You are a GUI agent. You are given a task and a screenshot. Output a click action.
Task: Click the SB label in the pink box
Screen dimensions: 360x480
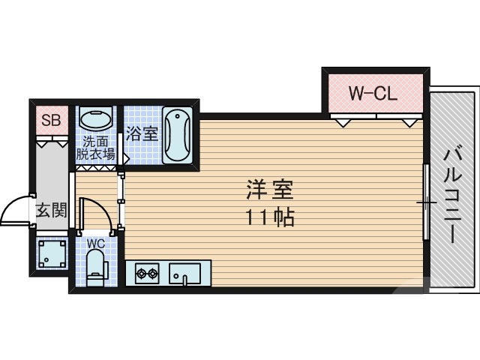click(51, 120)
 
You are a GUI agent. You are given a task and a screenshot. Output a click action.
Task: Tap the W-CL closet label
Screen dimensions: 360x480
click(373, 94)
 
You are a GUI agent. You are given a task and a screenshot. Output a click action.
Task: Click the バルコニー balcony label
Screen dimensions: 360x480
click(452, 194)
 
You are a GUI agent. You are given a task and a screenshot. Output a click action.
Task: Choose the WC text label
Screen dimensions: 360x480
click(95, 244)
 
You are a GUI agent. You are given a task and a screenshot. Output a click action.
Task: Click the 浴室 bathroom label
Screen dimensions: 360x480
click(142, 134)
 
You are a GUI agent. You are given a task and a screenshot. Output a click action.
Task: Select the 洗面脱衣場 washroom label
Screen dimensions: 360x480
click(95, 148)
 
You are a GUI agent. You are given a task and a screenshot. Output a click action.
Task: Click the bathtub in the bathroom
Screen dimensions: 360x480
click(177, 135)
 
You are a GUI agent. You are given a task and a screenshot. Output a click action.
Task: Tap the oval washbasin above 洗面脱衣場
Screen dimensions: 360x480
click(95, 120)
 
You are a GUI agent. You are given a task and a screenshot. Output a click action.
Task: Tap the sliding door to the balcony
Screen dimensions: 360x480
click(426, 202)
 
